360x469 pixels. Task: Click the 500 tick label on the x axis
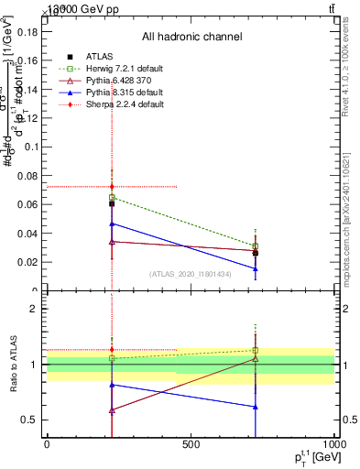[x=191, y=444]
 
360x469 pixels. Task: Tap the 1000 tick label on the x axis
[x=333, y=444]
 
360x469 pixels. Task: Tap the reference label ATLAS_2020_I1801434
[x=191, y=274]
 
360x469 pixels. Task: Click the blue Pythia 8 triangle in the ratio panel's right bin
[x=256, y=407]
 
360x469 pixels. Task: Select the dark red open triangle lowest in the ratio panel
[x=112, y=410]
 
